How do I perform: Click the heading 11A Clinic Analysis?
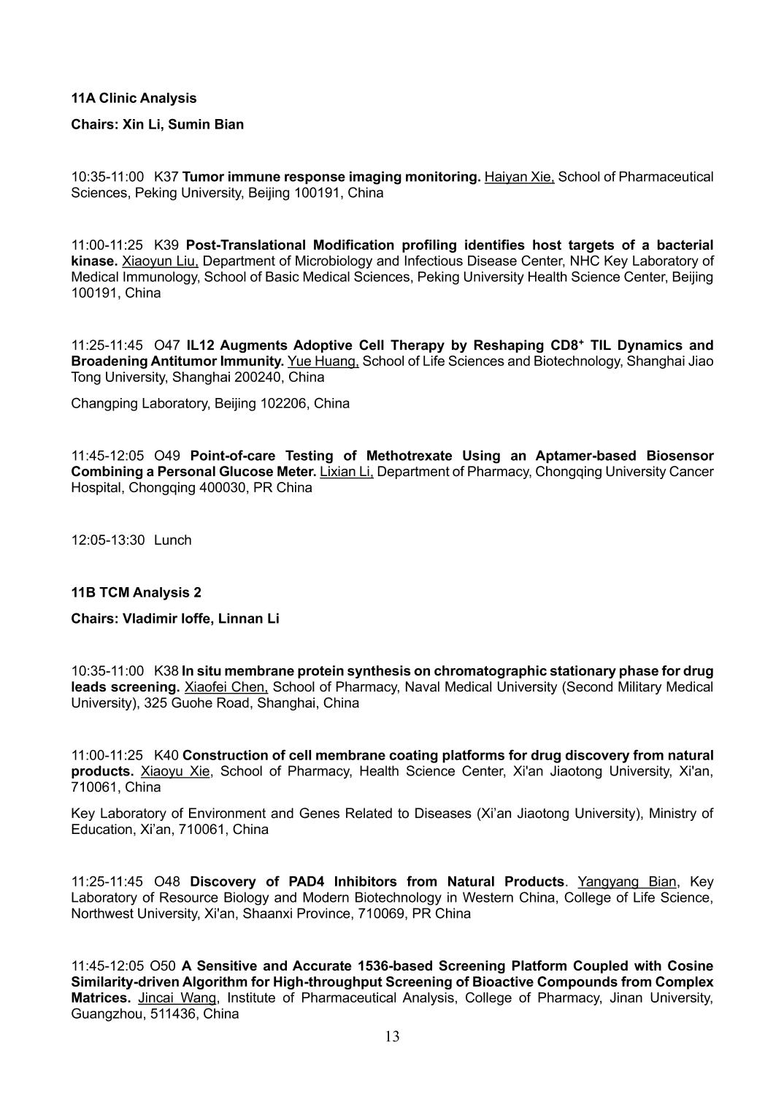[x=134, y=98]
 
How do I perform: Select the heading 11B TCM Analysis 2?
[x=136, y=592]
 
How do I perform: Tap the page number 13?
[x=392, y=1036]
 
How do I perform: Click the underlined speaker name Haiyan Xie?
[x=519, y=177]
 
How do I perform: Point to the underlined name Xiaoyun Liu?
[x=160, y=261]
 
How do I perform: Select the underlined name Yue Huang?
[x=323, y=361]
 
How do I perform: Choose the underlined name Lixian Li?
[x=347, y=471]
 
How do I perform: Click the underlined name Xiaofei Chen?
[x=226, y=686]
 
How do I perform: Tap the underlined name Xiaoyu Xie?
[x=176, y=771]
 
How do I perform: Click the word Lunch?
[x=173, y=540]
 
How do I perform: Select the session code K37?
[x=166, y=177]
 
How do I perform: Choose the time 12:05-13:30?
[x=108, y=540]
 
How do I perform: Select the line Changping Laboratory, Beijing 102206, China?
[x=210, y=403]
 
